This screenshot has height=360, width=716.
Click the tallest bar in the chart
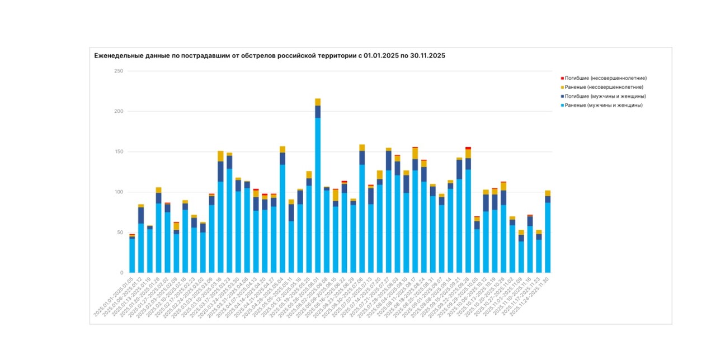coord(318,190)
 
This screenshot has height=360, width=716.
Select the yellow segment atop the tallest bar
coord(318,102)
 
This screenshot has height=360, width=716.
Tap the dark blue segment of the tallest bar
coord(318,111)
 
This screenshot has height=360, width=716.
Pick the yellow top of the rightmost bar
coord(548,193)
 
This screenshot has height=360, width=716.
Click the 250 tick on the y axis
coord(119,71)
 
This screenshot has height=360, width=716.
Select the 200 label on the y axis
coord(119,111)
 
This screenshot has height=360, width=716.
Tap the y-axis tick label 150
coord(119,151)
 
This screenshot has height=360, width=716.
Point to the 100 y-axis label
coord(119,192)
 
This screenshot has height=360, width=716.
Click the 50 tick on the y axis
coord(120,232)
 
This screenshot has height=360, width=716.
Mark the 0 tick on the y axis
coord(121,272)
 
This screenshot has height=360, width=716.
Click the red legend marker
coord(562,78)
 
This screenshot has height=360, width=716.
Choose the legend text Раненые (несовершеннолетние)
coord(604,87)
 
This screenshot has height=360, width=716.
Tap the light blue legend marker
coord(562,105)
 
